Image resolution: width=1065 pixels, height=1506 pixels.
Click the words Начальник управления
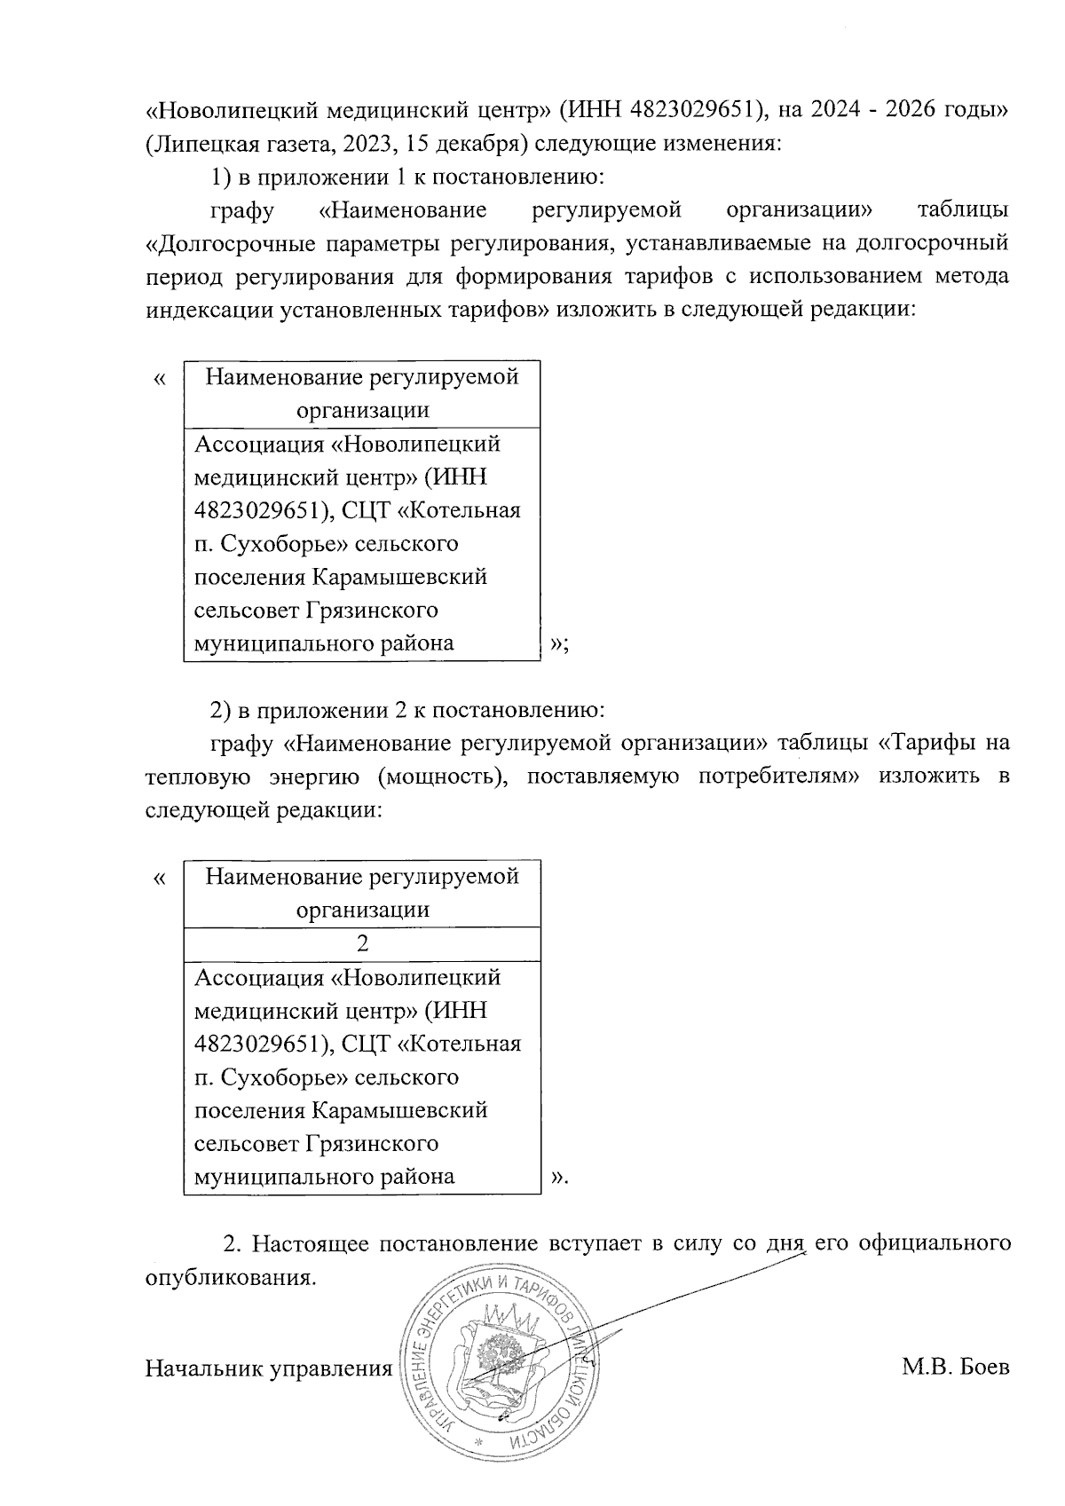pos(268,1368)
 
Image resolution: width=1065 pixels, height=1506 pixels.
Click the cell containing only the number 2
pos(361,943)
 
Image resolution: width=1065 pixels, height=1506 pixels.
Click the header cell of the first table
pos(361,393)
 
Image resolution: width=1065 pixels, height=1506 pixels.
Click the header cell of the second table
pos(361,893)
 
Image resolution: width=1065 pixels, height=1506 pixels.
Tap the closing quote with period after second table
pos(558,1178)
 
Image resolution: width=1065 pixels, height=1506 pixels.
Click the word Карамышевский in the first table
pos(399,578)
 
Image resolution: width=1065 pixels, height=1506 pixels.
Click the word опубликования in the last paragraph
pos(229,1278)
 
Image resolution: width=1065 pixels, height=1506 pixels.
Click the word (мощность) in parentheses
pos(444,777)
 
